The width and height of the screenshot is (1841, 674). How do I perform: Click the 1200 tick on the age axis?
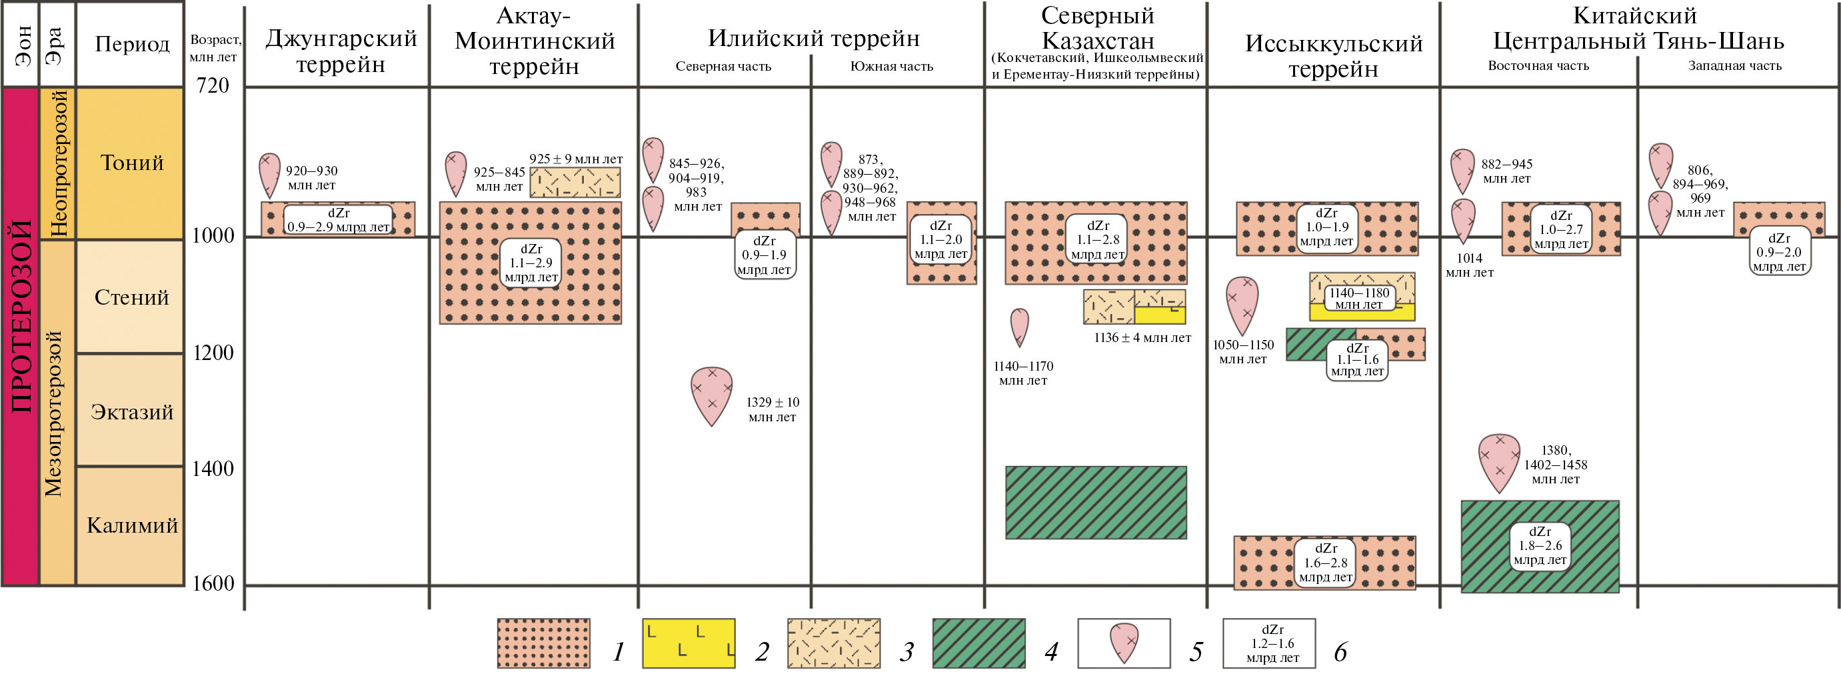pos(213,353)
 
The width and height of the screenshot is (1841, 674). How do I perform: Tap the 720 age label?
pos(213,86)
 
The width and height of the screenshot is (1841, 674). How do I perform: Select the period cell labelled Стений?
pos(131,297)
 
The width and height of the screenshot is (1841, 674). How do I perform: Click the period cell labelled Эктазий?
pos(131,412)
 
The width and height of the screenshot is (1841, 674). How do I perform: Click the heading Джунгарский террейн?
pos(341,51)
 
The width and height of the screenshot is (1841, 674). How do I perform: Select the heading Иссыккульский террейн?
pos(1334,56)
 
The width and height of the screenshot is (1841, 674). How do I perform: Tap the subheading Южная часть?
pos(891,67)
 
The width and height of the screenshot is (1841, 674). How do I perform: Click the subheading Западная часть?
pos(1734,66)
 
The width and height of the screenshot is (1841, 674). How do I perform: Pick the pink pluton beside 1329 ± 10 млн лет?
pos(712,395)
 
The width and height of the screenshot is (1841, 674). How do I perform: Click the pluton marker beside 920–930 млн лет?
pos(269,175)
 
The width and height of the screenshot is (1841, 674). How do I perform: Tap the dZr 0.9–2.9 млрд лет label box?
pos(338,220)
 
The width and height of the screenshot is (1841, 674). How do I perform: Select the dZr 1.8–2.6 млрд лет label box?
pos(1540,546)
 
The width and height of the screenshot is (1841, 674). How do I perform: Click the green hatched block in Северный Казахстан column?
pos(1096,502)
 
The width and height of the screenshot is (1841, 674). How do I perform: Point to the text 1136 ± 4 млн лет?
pos(1142,338)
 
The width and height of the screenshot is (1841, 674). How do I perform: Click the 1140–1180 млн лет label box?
pos(1358,299)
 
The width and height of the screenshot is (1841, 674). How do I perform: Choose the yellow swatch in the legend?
pos(689,643)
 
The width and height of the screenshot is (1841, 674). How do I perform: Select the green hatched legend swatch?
pos(978,643)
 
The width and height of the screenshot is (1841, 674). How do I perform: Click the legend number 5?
pos(1196,651)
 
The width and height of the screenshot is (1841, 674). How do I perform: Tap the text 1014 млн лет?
pos(1469,265)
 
